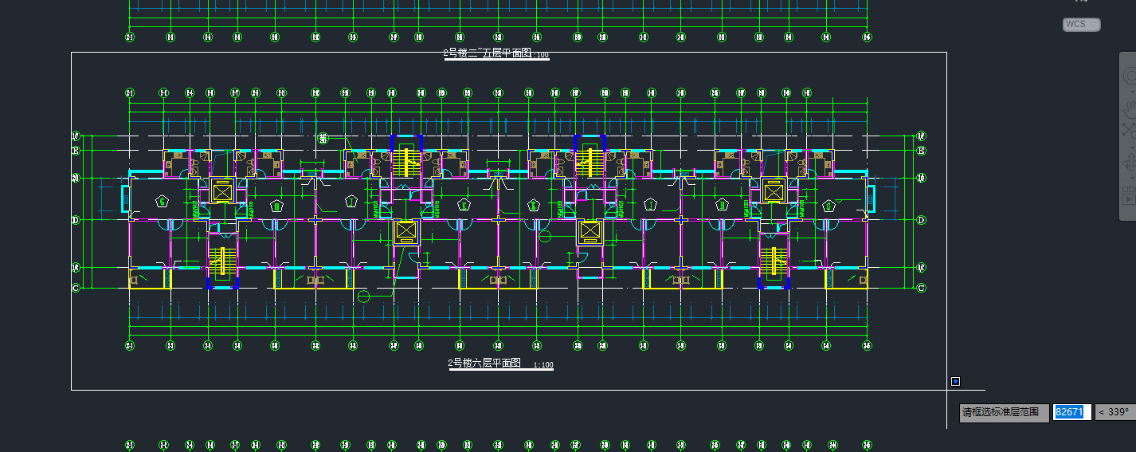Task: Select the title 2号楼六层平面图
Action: [x=484, y=363]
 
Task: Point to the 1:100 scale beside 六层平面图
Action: [x=543, y=365]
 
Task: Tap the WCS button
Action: [x=1081, y=25]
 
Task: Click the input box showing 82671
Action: [x=1071, y=412]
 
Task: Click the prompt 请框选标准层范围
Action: [x=1003, y=412]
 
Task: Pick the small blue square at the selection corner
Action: [x=955, y=382]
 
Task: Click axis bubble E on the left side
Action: [x=76, y=151]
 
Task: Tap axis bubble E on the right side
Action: [x=921, y=151]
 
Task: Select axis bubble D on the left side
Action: [x=76, y=219]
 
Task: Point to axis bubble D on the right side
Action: [x=921, y=219]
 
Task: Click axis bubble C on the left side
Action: [x=76, y=288]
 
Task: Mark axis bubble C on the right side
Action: [x=921, y=288]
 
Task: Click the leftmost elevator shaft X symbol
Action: [x=221, y=192]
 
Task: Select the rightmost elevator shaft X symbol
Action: [x=773, y=192]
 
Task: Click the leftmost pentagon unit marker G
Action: [x=163, y=202]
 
